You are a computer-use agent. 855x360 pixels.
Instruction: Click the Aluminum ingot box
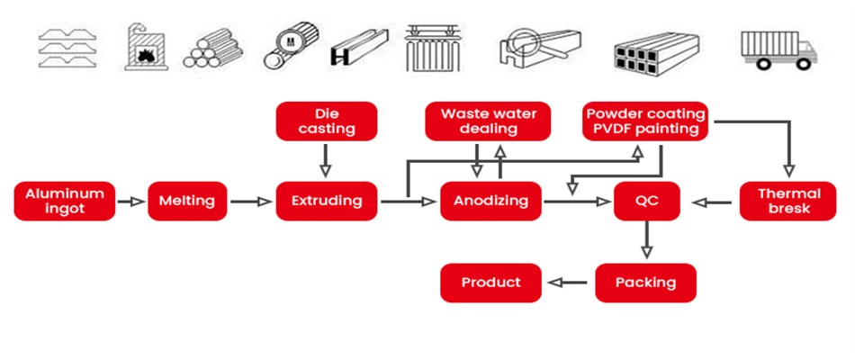pyautogui.click(x=65, y=201)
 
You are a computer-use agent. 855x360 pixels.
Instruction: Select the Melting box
pyautogui.click(x=187, y=201)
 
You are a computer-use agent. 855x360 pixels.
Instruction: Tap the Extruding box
pyautogui.click(x=326, y=201)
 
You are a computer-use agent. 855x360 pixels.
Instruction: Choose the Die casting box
pyautogui.click(x=326, y=121)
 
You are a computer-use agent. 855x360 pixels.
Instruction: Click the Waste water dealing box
pyautogui.click(x=490, y=121)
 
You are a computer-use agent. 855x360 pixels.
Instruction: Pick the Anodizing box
pyautogui.click(x=490, y=201)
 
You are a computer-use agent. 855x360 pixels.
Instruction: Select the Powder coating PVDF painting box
pyautogui.click(x=644, y=121)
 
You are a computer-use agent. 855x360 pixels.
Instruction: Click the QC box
pyautogui.click(x=645, y=201)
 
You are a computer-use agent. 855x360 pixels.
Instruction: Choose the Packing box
pyautogui.click(x=645, y=283)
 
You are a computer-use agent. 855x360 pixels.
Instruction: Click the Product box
pyautogui.click(x=490, y=283)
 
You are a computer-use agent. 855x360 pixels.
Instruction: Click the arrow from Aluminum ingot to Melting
pyautogui.click(x=131, y=202)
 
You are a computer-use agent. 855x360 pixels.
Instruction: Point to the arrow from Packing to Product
pyautogui.click(x=568, y=283)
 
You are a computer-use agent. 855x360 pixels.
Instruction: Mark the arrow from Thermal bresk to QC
pyautogui.click(x=716, y=202)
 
